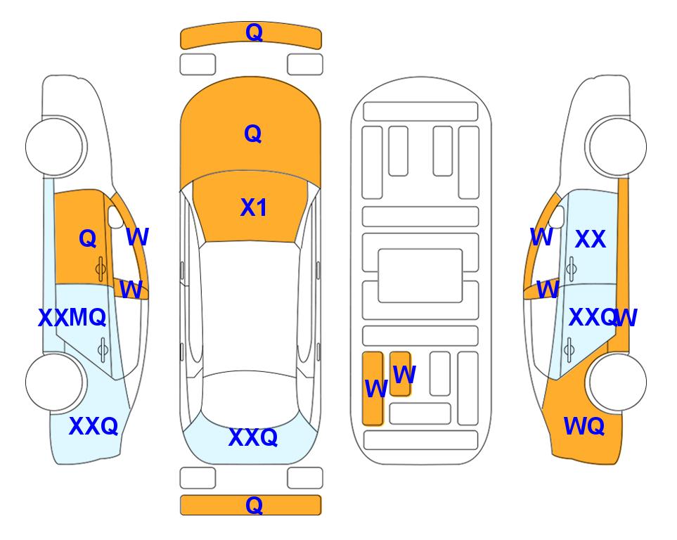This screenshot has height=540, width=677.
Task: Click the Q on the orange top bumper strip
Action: click(x=254, y=32)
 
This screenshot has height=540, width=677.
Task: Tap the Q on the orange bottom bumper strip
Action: click(x=254, y=505)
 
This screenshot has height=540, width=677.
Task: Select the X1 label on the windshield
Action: click(x=254, y=208)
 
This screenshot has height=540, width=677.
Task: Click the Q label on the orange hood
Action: click(x=253, y=134)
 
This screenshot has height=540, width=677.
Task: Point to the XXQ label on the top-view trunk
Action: click(x=253, y=437)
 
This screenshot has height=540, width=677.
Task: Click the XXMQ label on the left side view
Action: click(x=72, y=318)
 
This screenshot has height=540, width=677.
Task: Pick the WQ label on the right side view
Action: click(x=583, y=426)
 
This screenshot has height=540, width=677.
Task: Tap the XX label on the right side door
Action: click(x=591, y=239)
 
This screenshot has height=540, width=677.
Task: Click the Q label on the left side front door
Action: click(x=88, y=238)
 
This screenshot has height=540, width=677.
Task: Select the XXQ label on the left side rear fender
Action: click(x=94, y=426)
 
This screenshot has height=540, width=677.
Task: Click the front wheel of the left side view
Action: click(x=56, y=146)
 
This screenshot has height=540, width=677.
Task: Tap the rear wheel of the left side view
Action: click(x=56, y=382)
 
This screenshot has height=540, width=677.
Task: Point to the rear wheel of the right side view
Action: click(x=617, y=382)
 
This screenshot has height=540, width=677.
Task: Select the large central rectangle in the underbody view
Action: click(x=420, y=276)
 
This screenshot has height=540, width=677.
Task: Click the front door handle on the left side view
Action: click(x=101, y=269)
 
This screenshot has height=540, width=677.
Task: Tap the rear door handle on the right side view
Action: click(x=570, y=350)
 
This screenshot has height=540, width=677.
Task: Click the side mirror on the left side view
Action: click(x=115, y=217)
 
